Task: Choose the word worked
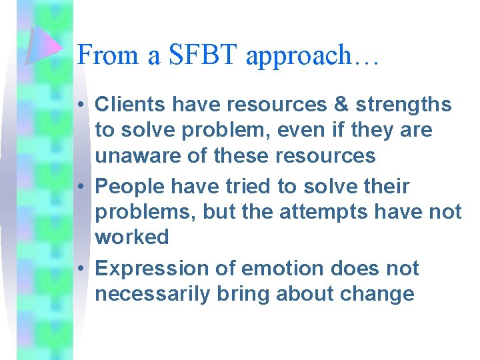(x=132, y=237)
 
